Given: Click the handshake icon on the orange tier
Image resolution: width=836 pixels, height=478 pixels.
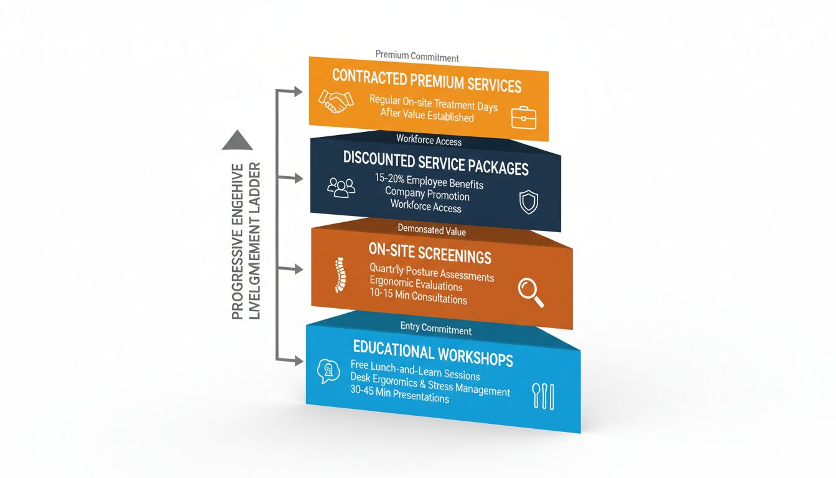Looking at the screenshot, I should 336,101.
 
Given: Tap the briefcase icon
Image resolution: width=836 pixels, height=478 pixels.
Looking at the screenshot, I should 523,117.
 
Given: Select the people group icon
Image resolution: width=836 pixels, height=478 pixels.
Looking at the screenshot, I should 341,187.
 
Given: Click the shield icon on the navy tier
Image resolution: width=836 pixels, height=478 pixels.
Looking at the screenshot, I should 528,202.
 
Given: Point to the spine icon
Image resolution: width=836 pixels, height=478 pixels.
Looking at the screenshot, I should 338,274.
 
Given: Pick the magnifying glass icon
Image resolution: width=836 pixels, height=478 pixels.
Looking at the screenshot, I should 531,293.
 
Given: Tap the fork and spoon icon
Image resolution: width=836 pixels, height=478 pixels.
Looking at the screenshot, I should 543,396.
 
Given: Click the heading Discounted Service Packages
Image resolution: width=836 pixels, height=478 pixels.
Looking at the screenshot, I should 435,163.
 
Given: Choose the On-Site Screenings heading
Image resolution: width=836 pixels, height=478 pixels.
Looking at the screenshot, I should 430,254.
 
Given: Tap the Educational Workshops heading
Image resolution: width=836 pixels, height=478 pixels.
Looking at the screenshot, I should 432,355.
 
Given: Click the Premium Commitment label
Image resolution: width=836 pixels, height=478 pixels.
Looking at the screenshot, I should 417,57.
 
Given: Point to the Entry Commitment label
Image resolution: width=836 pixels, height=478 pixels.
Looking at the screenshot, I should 435,330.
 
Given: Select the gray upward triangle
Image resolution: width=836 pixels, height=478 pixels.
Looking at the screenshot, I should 237,141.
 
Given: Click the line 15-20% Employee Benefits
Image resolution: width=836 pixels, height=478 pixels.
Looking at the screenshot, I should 429,182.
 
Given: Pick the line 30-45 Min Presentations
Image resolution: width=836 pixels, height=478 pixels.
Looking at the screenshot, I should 399,394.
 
